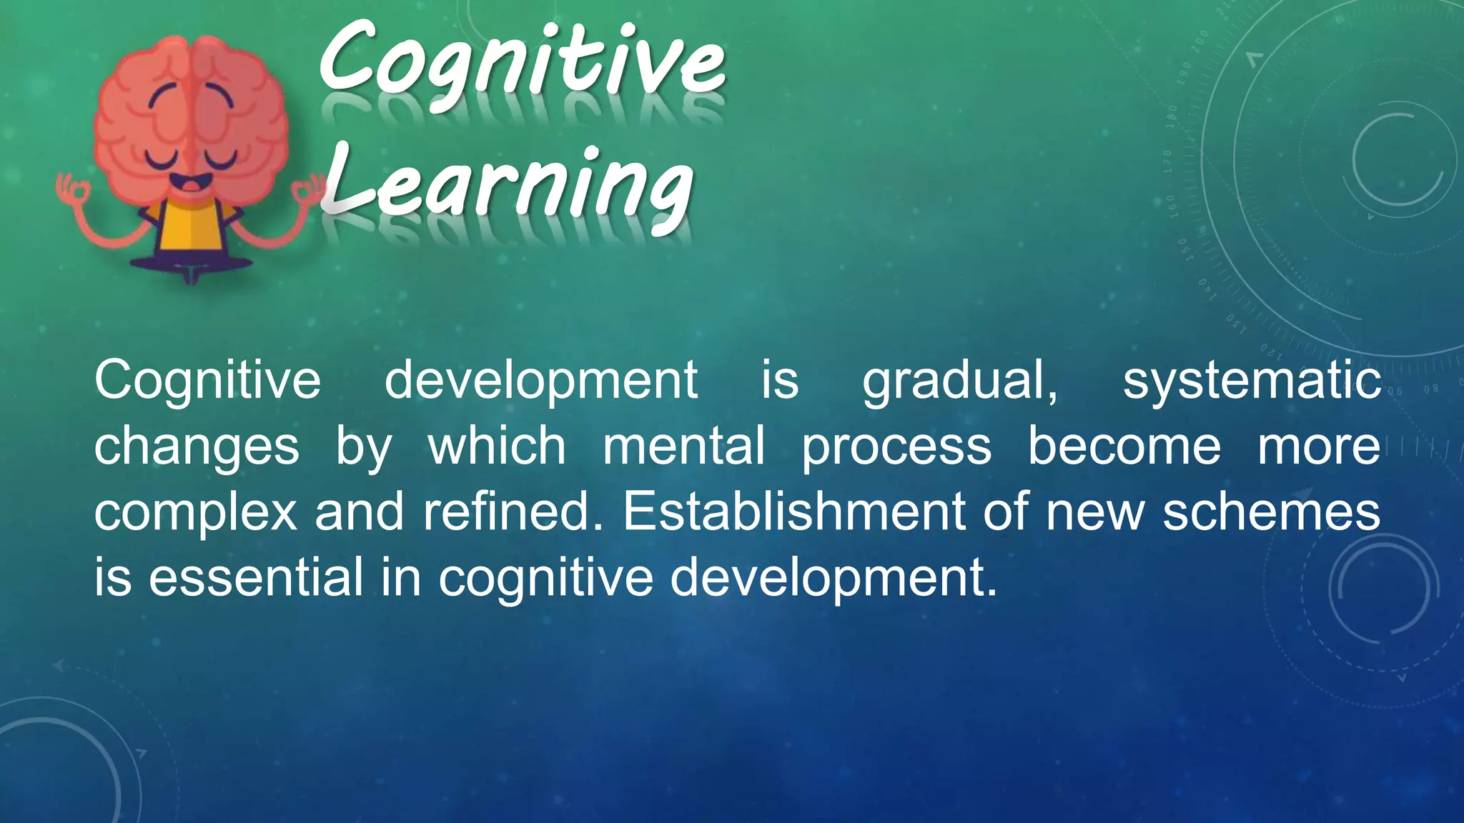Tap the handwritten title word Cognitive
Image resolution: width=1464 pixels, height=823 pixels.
522,63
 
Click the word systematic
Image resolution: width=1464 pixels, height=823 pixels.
1251,381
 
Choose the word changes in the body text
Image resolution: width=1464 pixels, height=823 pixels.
197,447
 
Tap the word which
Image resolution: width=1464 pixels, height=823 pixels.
497,447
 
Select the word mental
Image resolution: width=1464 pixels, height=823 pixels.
683,447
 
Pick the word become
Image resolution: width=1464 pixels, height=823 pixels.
1124,447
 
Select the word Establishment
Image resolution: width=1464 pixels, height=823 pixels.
795,512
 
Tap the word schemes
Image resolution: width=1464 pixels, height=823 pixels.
1271,512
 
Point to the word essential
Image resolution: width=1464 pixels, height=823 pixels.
256,577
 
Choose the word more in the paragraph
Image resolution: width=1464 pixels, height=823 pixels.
1319,447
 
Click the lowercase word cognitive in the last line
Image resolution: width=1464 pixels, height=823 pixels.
546,579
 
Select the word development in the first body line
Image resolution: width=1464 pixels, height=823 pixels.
541,381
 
